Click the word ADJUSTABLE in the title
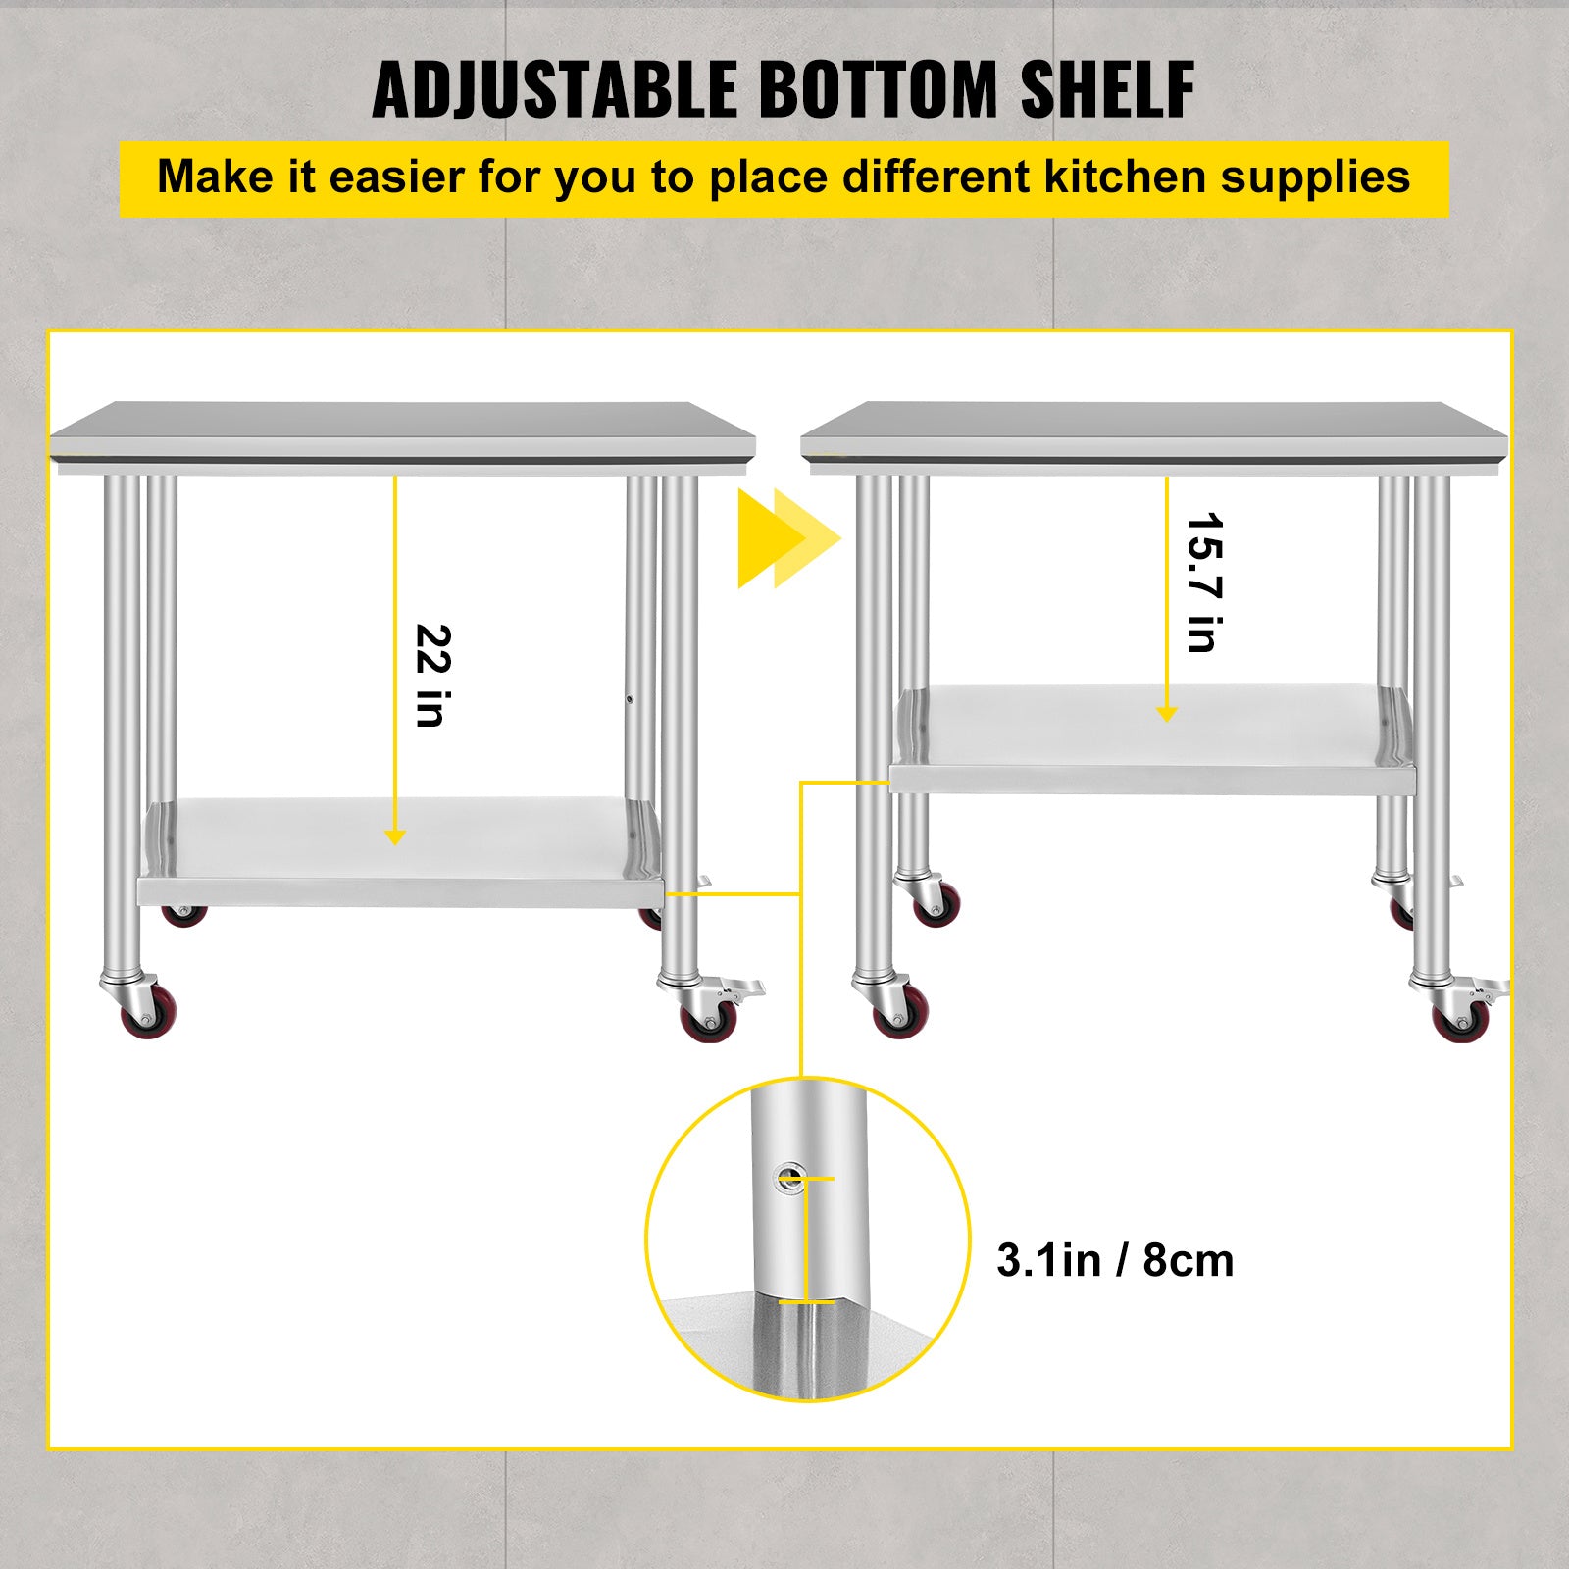pos(554,90)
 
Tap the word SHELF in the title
pos(1107,90)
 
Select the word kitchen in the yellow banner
pos(1111,177)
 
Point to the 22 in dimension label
pos(431,676)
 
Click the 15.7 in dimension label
pos(1203,582)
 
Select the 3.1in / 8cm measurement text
pos(1115,1260)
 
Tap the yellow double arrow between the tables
pos(787,538)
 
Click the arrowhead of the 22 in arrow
pos(395,836)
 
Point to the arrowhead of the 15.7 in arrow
pos(1167,714)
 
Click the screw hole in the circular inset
pos(788,1176)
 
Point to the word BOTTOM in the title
pos(879,90)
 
